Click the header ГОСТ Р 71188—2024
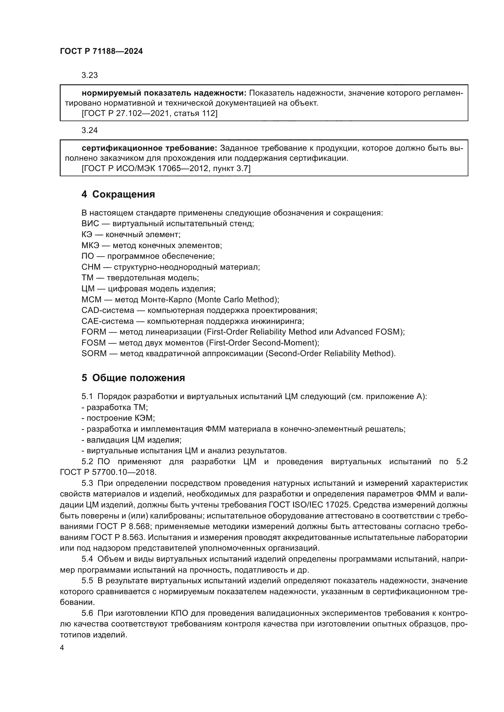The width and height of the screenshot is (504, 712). pos(101,51)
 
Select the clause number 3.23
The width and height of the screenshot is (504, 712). pos(90,75)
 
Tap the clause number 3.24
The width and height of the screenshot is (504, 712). pos(90,130)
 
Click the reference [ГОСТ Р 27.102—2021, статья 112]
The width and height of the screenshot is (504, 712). pos(149,114)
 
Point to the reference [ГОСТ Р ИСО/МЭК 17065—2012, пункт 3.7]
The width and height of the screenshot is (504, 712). pos(166,169)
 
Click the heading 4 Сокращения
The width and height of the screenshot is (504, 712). pos(118,195)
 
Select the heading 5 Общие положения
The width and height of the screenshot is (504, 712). pos(133,378)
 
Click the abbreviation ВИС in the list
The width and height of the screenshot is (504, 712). pos(90,224)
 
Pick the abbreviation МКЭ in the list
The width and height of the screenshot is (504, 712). pos(91,245)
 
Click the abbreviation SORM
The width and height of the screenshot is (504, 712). pos(94,353)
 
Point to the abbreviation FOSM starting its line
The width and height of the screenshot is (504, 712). pos(94,343)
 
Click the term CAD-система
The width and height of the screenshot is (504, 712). pos(108,310)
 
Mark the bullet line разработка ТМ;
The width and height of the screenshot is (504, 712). pos(115,408)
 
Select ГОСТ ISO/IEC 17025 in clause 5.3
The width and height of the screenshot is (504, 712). pos(311,505)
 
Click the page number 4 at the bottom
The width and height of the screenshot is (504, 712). pos(62,648)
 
